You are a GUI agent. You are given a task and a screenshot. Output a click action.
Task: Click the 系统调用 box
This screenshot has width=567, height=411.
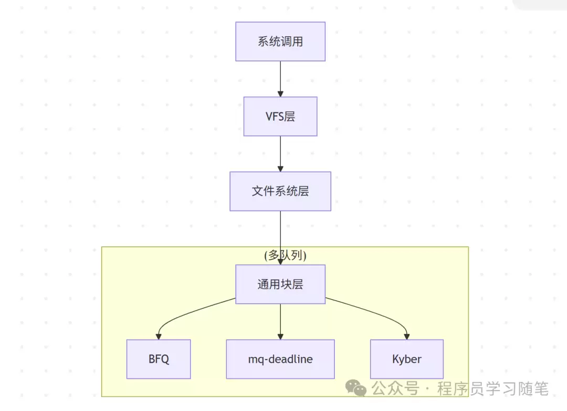coord(280,41)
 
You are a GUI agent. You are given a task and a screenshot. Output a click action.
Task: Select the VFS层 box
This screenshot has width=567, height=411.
coord(280,117)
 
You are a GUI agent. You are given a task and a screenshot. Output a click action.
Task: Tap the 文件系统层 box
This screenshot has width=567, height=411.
coord(280,191)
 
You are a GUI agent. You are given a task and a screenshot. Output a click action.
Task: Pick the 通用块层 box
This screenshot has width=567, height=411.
coord(280,284)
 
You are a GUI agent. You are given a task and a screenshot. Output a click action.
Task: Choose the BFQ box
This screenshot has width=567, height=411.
coord(159,359)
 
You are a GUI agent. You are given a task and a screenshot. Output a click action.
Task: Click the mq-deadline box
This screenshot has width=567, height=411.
coord(280,359)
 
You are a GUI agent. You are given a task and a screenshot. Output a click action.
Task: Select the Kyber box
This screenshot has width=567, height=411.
coord(407,359)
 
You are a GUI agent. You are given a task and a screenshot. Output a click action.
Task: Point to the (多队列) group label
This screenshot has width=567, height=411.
coord(285,255)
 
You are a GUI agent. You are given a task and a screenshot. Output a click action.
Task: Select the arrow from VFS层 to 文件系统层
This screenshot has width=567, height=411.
coord(280,153)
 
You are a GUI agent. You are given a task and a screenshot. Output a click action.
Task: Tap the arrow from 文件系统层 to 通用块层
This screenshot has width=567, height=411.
coord(280,231)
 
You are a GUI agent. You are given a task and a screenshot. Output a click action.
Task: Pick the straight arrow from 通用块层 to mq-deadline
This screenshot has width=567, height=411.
coord(280,320)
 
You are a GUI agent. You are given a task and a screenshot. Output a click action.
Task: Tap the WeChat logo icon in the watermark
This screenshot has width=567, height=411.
coord(359,389)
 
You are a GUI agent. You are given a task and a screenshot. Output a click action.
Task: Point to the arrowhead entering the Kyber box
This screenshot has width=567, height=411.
coord(407,336)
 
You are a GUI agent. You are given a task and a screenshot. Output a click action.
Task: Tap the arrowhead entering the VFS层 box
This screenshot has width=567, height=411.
coord(280,93)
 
